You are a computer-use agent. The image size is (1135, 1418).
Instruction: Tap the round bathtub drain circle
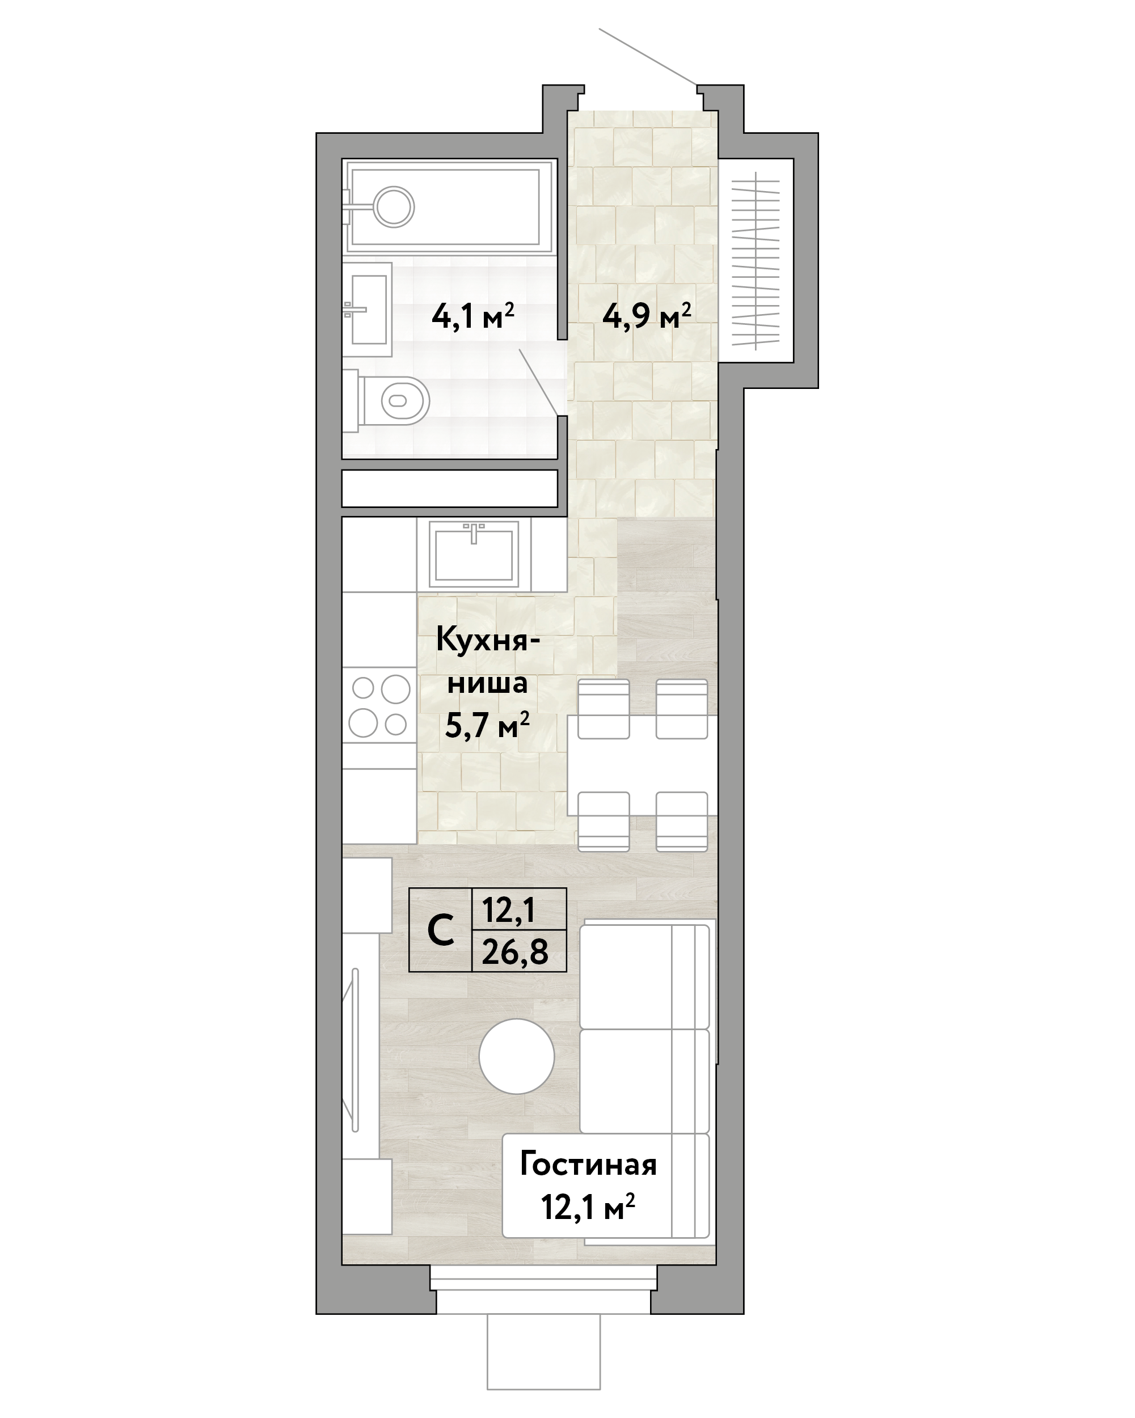(x=394, y=207)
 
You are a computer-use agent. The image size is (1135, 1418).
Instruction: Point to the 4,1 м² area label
(x=472, y=316)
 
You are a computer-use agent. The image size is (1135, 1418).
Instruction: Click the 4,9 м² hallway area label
(x=646, y=316)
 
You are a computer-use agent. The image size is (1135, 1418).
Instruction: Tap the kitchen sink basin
(x=474, y=554)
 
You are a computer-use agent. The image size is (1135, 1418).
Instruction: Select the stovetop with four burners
(x=379, y=706)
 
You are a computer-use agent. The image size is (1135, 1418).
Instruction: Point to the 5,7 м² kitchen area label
(x=487, y=726)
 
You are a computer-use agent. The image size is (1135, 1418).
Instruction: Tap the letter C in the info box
(x=440, y=930)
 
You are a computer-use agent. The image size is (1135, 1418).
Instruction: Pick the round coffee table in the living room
(x=517, y=1056)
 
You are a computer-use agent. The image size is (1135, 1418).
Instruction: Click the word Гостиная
(x=588, y=1165)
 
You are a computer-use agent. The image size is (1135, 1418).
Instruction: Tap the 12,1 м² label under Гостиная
(x=588, y=1207)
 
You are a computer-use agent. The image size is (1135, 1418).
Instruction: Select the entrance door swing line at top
(x=649, y=57)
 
